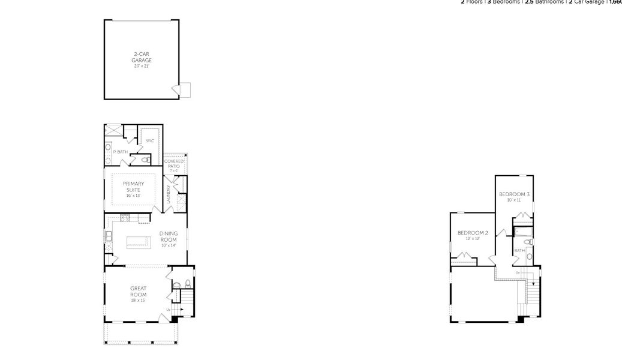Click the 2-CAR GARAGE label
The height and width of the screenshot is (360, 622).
[x=142, y=58]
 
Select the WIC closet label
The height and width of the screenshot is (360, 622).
[x=150, y=141]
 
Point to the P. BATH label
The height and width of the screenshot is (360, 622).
[x=120, y=152]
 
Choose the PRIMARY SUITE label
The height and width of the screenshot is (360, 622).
[x=133, y=187]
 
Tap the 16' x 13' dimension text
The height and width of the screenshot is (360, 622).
[x=133, y=196]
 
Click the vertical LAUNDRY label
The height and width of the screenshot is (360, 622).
[x=169, y=193]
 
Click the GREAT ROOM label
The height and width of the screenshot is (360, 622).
[x=139, y=292]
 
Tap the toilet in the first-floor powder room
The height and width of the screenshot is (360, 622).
[x=188, y=284]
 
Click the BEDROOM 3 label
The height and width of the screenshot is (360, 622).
[x=514, y=194]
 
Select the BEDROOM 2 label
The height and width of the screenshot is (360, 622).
[x=473, y=233]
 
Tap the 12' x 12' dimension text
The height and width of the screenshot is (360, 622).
[x=473, y=239]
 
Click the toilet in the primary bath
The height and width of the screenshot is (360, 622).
[x=145, y=160]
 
